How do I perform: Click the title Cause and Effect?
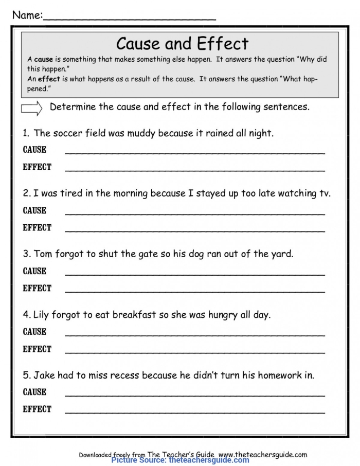pyautogui.click(x=182, y=43)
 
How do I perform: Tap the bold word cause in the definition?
pyautogui.click(x=44, y=60)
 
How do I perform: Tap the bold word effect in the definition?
pyautogui.click(x=49, y=79)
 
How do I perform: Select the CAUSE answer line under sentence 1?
pyautogui.click(x=195, y=153)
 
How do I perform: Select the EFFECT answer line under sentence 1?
pyautogui.click(x=195, y=170)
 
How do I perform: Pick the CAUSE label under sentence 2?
pyautogui.click(x=34, y=210)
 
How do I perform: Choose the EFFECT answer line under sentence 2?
pyautogui.click(x=195, y=231)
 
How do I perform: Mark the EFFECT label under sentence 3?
pyautogui.click(x=37, y=289)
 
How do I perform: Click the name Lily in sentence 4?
pyautogui.click(x=42, y=314)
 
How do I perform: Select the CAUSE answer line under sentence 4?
pyautogui.click(x=195, y=335)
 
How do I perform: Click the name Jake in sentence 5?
pyautogui.click(x=44, y=375)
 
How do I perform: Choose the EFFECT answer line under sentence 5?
pyautogui.click(x=195, y=413)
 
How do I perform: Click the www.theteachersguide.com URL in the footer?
pyautogui.click(x=263, y=455)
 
